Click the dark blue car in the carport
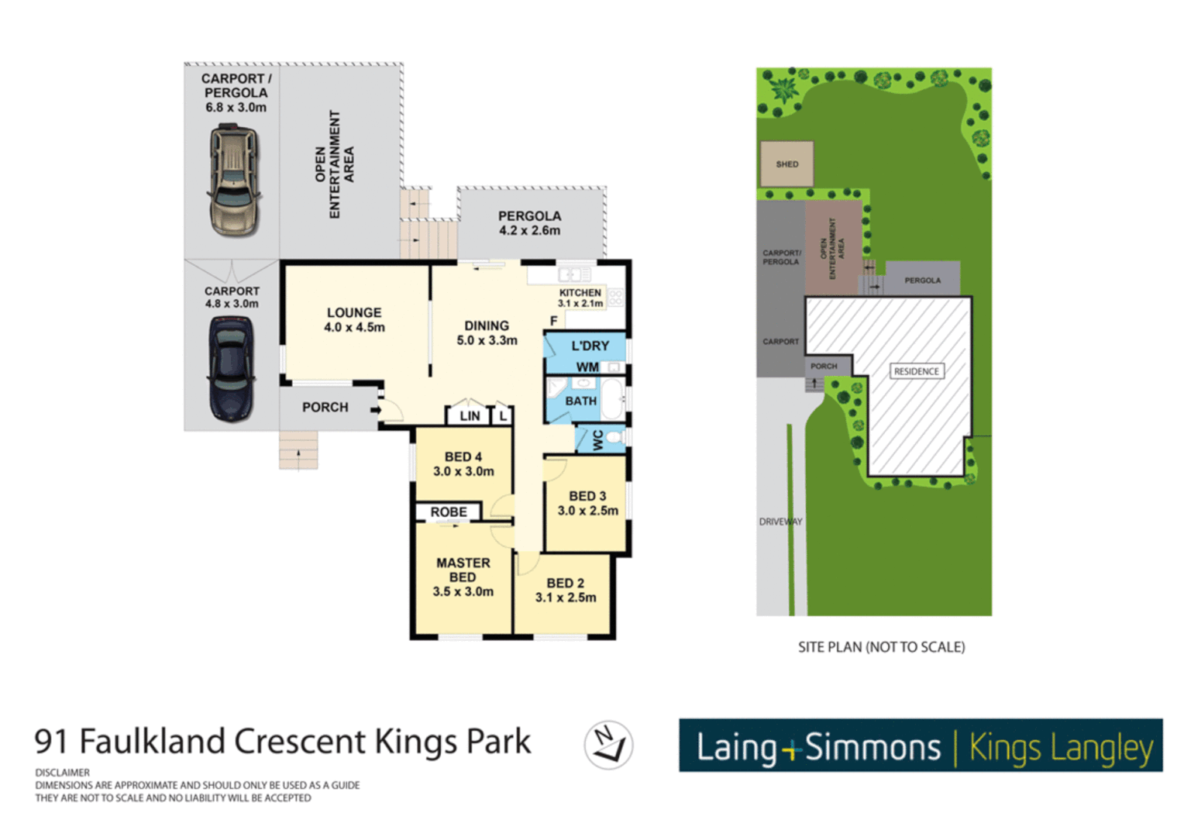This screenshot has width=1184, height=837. pos(231,368)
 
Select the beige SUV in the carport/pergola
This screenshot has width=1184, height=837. pos(233,181)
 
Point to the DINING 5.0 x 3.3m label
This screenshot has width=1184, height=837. pos(487,332)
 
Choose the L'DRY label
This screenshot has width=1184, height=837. pos(590,346)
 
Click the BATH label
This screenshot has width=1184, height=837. pos(580,401)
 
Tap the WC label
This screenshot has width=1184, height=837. pos(598,440)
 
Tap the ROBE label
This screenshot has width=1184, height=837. pos(449,512)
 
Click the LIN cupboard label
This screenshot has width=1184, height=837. pos(470,416)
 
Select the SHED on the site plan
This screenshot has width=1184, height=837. pos(786,164)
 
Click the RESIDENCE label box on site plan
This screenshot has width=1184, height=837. pos(916,371)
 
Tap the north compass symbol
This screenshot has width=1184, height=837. pos(608,745)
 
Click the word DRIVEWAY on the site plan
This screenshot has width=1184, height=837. pos(780,522)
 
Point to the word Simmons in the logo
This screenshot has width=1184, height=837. pos(873,748)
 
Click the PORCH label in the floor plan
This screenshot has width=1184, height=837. pos(325,407)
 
